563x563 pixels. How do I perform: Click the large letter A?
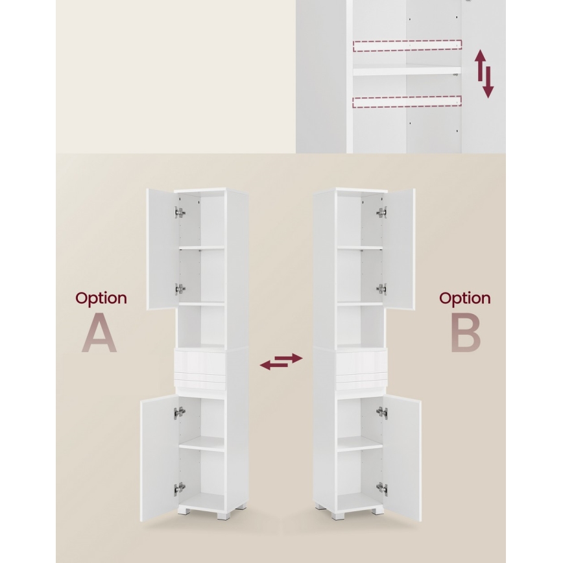tap(99, 333)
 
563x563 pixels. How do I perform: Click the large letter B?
tap(466, 333)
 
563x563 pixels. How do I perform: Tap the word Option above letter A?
tap(101, 299)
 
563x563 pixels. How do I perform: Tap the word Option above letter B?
tap(464, 299)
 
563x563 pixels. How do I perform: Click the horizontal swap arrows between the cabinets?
tap(281, 361)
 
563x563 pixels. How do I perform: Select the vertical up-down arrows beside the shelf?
tap(485, 74)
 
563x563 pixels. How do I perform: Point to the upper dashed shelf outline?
tap(407, 46)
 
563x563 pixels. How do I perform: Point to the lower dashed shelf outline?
tap(407, 102)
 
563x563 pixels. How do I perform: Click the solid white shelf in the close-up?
tap(407, 70)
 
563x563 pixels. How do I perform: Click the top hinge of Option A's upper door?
tap(180, 212)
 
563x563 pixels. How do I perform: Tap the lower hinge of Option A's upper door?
tap(180, 289)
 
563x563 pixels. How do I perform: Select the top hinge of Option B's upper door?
tap(381, 212)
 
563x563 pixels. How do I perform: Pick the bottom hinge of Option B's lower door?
tap(381, 488)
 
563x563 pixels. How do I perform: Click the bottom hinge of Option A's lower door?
tap(180, 488)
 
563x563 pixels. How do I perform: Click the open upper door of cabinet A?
tap(162, 249)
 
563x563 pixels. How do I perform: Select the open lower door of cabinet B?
tap(402, 458)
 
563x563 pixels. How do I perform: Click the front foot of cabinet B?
tap(337, 515)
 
